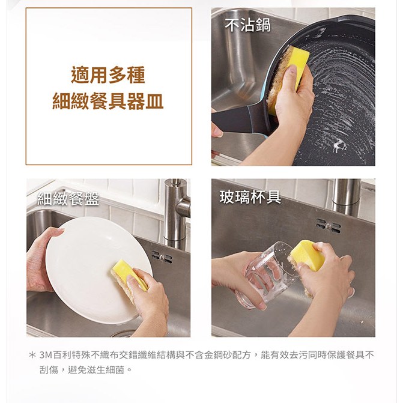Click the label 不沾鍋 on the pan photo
248,25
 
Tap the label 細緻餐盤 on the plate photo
68,199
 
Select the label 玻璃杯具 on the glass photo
250,197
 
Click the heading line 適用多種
108,75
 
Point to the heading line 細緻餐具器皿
108,101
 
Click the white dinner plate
99,270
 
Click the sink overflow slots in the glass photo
329,226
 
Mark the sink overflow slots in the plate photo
162,257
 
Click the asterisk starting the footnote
32,356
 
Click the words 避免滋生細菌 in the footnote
96,370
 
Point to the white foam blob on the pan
339,146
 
